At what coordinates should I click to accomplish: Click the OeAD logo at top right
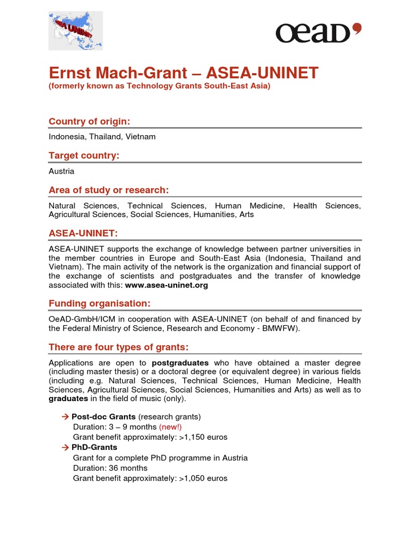click(318, 33)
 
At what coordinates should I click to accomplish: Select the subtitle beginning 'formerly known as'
click(160, 86)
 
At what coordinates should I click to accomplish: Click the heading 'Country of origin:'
click(89, 121)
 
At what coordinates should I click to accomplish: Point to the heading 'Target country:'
click(84, 155)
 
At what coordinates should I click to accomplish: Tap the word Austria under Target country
click(61, 171)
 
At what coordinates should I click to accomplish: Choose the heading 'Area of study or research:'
click(108, 190)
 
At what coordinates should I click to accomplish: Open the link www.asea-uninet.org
click(167, 285)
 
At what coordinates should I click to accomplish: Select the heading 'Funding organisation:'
click(99, 303)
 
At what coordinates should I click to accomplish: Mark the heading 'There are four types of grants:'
click(119, 347)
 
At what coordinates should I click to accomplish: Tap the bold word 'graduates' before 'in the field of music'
click(68, 398)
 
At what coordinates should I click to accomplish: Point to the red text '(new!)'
click(170, 427)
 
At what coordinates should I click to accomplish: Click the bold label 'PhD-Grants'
click(94, 447)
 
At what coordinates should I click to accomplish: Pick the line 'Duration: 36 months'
click(110, 468)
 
